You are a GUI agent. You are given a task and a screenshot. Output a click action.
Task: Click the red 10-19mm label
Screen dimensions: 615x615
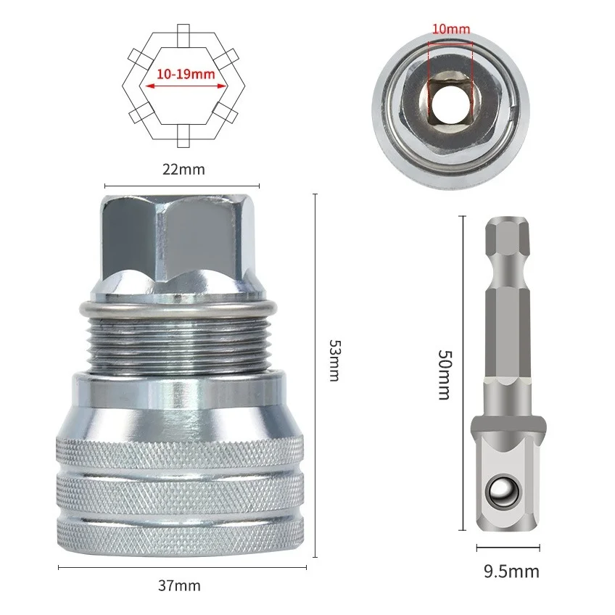coord(186,74)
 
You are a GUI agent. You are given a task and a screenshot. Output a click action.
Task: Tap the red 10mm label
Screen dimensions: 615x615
coord(451,29)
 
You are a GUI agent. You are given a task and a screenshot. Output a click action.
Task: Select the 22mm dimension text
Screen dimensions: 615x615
coord(183,170)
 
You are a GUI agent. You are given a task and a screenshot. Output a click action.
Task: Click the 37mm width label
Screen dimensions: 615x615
coord(180,585)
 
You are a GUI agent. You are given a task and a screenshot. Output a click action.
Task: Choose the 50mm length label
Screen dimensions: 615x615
coord(445,374)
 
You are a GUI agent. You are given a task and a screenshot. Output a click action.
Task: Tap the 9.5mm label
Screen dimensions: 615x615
coord(511,571)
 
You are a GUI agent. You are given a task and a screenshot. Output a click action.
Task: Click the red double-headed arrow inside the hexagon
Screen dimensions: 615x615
coord(186,86)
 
